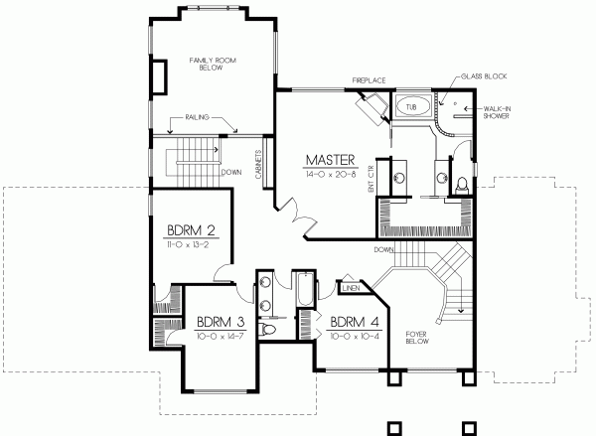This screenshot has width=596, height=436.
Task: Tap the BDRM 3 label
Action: point(220,322)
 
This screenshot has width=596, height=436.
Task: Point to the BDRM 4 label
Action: point(352,322)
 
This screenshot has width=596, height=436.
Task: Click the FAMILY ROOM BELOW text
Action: point(213,67)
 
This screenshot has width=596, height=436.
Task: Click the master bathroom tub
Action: point(410,104)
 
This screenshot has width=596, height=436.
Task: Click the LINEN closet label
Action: point(349,289)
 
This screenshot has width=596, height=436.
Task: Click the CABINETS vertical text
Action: point(256,166)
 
